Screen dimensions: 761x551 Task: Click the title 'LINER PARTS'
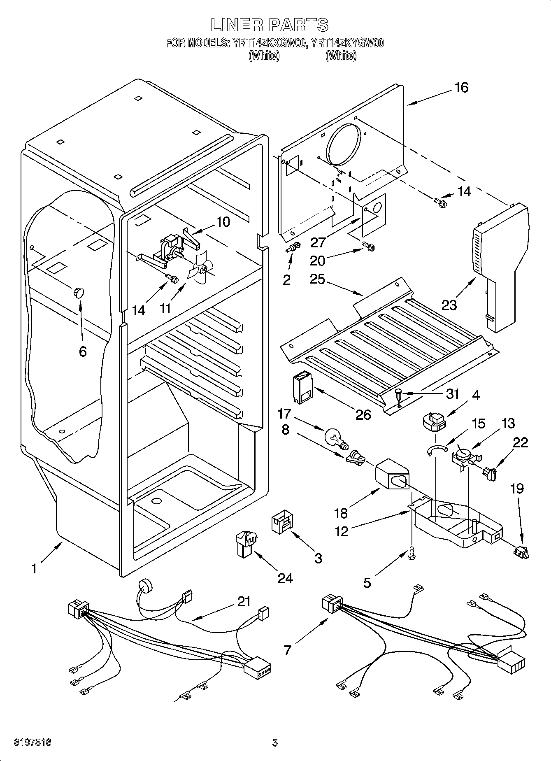coord(270,25)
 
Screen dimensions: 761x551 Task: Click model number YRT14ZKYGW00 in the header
coord(347,43)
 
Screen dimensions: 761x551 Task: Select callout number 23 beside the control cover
coord(449,305)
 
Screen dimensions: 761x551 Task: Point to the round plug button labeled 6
coord(78,293)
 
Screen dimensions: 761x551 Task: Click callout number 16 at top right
coord(461,87)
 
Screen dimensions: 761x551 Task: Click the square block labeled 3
coord(282,522)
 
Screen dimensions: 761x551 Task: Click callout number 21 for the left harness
coord(244,602)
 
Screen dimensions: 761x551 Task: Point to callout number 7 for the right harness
coord(288,650)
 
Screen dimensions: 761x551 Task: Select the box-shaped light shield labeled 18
coord(392,475)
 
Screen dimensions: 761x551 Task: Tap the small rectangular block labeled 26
coord(304,389)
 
